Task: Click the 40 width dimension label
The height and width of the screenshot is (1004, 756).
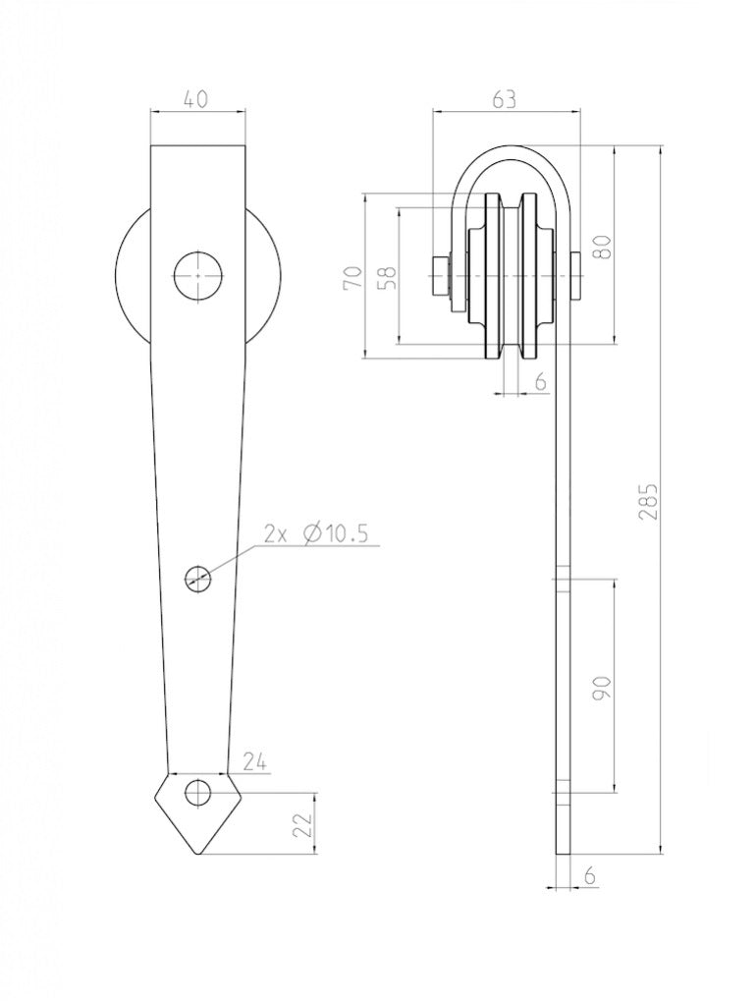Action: pyautogui.click(x=197, y=100)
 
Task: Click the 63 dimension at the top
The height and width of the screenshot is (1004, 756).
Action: pyautogui.click(x=504, y=100)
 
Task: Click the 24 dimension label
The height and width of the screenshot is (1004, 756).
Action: pyautogui.click(x=254, y=762)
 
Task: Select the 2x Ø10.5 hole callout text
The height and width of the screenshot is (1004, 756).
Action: pyautogui.click(x=316, y=533)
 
